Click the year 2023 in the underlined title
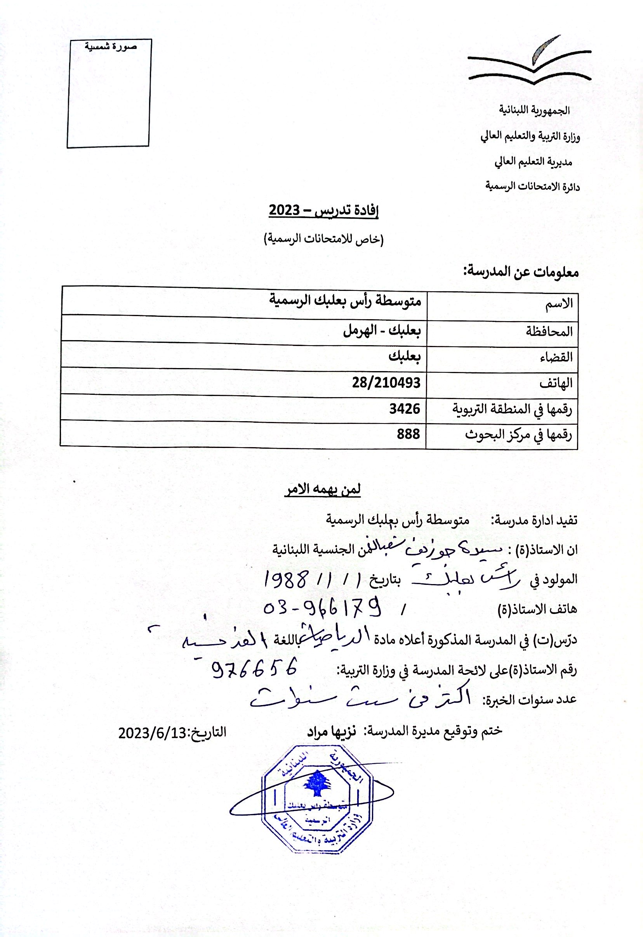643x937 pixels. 284,211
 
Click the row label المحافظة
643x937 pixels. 549,332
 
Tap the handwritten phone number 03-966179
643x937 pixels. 323,609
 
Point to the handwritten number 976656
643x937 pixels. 254,669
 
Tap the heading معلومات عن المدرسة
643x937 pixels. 521,273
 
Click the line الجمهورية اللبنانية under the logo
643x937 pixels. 534,110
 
